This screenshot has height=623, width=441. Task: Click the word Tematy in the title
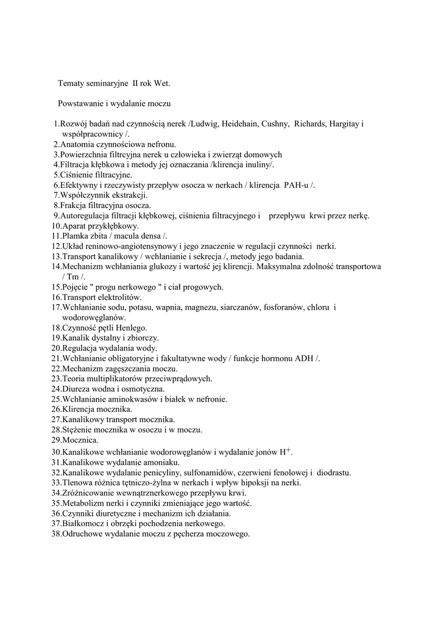coord(72,83)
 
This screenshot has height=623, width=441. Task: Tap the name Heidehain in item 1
coord(239,124)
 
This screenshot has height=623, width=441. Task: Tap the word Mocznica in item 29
coord(79,440)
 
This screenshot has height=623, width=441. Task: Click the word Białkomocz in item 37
coord(83,523)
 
